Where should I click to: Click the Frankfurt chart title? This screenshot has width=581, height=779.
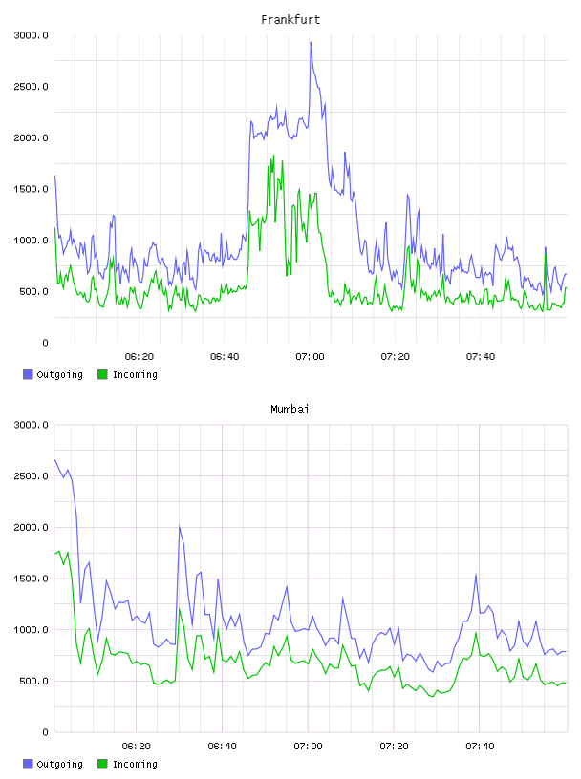click(x=290, y=20)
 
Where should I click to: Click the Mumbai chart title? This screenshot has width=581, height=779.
click(x=290, y=410)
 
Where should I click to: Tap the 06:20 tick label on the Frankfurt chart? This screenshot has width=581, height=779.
click(x=140, y=357)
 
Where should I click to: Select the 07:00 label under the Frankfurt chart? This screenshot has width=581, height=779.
click(x=310, y=357)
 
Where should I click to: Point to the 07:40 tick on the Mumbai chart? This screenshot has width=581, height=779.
click(x=480, y=747)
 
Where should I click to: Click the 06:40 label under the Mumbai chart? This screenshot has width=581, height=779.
click(x=223, y=747)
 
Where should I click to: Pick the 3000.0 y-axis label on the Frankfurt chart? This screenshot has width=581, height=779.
click(x=32, y=35)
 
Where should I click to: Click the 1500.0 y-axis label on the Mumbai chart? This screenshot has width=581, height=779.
click(x=32, y=579)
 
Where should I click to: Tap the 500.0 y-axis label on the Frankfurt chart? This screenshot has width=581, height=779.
click(x=34, y=291)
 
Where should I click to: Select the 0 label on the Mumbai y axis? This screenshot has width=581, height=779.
click(x=45, y=732)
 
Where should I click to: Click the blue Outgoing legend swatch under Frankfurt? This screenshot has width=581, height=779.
click(x=28, y=374)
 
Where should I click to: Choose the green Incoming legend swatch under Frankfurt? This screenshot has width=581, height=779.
click(x=102, y=374)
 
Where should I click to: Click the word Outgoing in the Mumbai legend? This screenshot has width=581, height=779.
click(x=59, y=765)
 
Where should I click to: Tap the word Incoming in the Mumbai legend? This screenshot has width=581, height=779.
click(x=135, y=765)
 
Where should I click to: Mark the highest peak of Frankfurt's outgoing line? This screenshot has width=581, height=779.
click(x=311, y=42)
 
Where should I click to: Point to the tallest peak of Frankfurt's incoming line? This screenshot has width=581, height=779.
click(x=273, y=156)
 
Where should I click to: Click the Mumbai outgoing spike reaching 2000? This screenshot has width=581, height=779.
click(x=179, y=527)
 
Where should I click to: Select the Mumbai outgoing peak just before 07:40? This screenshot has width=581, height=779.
click(x=476, y=575)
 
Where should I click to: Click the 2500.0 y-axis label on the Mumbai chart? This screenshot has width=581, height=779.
click(x=32, y=476)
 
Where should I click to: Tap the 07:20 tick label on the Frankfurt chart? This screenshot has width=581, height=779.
click(x=395, y=357)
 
